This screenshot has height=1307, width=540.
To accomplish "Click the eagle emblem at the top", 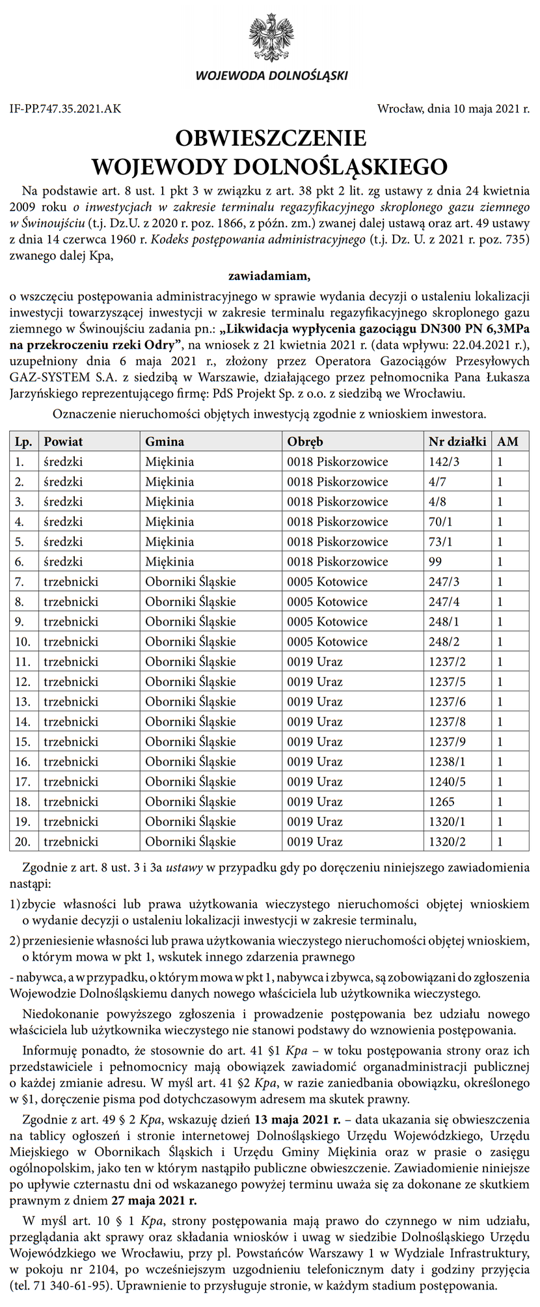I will pos(271,38).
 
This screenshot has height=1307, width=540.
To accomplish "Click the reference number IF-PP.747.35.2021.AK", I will pos(65,109).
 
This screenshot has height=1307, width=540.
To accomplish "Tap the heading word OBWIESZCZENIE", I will pos(270,138).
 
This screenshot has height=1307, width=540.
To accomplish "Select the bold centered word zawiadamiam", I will pos(269,275).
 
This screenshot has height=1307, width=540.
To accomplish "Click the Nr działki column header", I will pos(457,441).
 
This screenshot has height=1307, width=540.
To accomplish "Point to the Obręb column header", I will pos(305,441).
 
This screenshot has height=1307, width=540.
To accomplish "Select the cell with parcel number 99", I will pos(435,562).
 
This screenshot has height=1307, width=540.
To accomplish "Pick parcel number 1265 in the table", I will pos(442,802).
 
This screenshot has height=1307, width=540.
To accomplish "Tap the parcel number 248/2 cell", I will pos(444,642).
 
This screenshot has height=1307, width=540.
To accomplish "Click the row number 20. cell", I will pos(23,842).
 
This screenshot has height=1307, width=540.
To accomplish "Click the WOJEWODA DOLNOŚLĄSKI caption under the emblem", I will pos(271,76).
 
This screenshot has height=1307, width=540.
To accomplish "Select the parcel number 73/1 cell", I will pos(440,542).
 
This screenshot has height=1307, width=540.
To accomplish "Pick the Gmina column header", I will pos(165,441).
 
